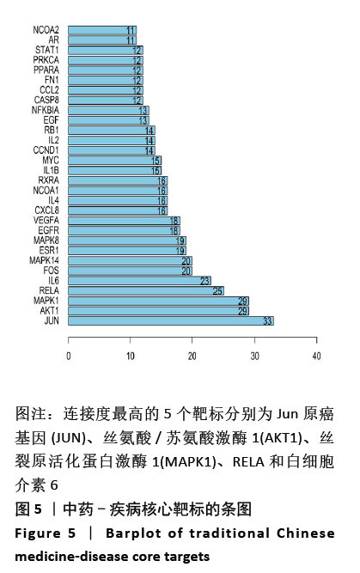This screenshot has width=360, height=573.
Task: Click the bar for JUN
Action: coord(171,320)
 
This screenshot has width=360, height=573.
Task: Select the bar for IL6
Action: coord(139,281)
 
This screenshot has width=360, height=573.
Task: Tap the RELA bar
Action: coord(146,291)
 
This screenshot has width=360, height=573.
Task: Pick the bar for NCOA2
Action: coord(102,30)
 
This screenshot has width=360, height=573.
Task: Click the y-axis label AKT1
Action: coord(49,311)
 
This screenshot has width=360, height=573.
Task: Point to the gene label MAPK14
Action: coord(44,260)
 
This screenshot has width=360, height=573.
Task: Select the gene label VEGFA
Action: coord(46,221)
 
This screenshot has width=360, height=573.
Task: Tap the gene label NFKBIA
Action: coord(46,110)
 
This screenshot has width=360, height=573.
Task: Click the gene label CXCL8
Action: coord(46,210)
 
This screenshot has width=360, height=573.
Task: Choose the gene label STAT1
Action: coord(46,50)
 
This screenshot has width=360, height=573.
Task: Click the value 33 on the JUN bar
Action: coord(267,321)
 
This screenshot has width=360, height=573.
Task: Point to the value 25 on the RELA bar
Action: coord(217,291)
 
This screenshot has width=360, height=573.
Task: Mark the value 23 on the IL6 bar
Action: coord(205,281)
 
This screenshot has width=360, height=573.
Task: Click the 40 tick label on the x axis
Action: coord(316,356)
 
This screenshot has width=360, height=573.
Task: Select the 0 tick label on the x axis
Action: coord(69,356)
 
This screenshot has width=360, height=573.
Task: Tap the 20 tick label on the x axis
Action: coord(192,356)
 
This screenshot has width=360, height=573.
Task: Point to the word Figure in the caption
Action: coord(38,533)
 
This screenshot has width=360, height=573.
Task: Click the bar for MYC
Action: coord(115,161)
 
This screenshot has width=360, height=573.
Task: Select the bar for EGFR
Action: coord(124,230)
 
